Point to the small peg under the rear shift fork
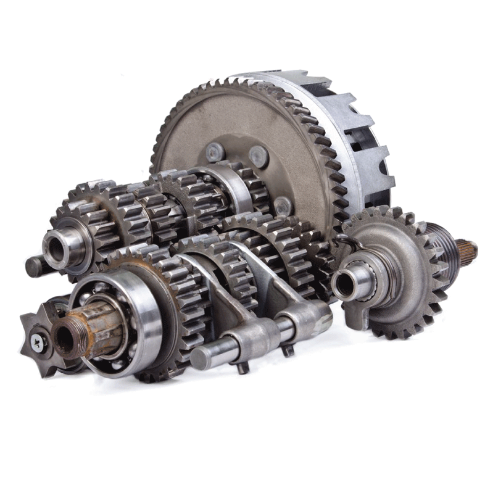287,350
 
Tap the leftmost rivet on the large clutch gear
215,151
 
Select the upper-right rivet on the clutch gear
259,156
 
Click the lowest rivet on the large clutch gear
282,205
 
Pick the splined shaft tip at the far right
466,249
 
